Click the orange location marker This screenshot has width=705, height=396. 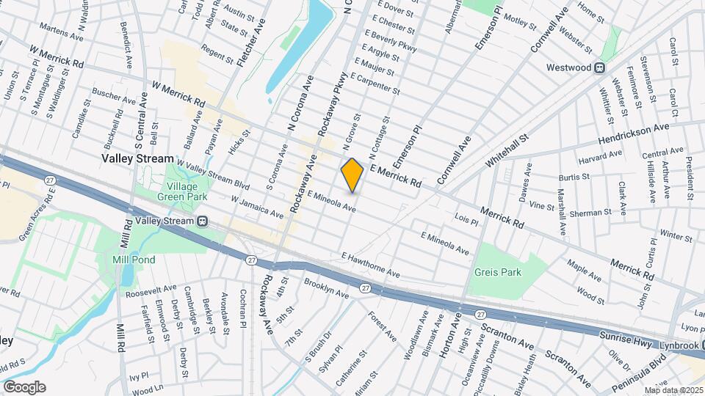352,175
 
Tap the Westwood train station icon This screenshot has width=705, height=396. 599,67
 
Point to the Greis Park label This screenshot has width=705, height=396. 497,272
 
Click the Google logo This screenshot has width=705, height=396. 23,386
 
